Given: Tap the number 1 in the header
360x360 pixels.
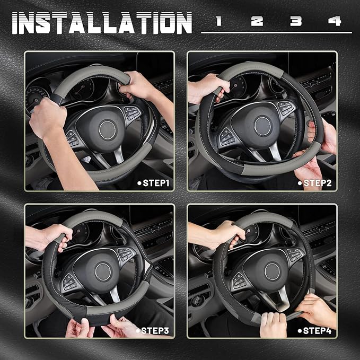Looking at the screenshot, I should coord(218,21).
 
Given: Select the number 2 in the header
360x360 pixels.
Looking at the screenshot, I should coord(257,21).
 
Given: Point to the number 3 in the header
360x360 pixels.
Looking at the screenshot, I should coord(296,21).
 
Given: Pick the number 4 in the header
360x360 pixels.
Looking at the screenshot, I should coord(335,21).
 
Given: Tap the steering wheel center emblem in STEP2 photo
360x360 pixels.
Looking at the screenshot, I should coord(262,126).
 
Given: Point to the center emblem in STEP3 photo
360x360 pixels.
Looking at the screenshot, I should coord(102,271).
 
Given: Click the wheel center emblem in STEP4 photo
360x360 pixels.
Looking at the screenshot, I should coord(272,271).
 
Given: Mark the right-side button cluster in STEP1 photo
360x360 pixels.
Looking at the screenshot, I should coord(131,113).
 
